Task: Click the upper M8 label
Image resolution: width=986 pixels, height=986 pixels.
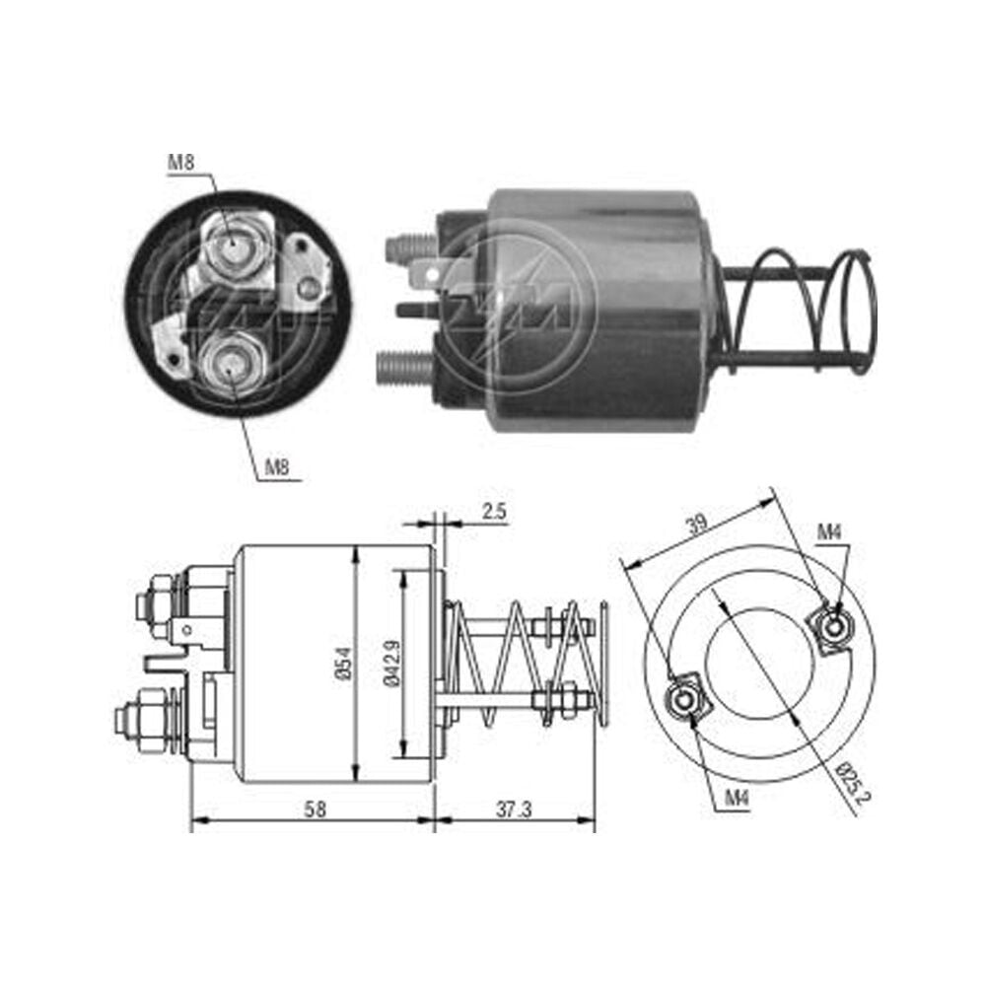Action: pos(181,163)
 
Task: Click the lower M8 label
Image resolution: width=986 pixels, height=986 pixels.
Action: pos(277,466)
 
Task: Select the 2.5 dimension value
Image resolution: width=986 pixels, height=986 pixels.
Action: pos(494,511)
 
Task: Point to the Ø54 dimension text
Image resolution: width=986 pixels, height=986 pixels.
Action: pos(343,664)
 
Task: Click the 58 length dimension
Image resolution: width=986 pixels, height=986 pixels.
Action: pos(316,809)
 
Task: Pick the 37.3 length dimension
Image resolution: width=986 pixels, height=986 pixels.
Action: pos(514,809)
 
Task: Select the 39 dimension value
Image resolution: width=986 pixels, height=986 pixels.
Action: pos(697,524)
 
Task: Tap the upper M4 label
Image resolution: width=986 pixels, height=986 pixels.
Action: pos(829,532)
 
